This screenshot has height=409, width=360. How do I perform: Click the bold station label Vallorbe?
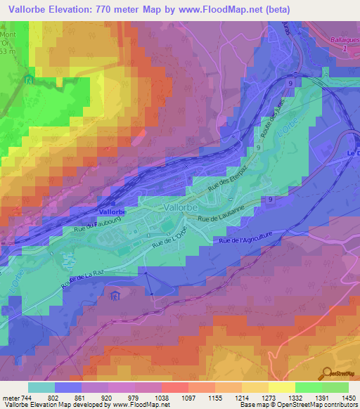[x=112, y=211]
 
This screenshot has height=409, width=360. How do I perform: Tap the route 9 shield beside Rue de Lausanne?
[x=270, y=200]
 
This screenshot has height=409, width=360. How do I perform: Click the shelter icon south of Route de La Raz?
[x=115, y=296]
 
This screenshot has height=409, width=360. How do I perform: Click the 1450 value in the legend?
[x=347, y=397]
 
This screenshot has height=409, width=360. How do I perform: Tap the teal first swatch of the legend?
[x=41, y=387]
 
